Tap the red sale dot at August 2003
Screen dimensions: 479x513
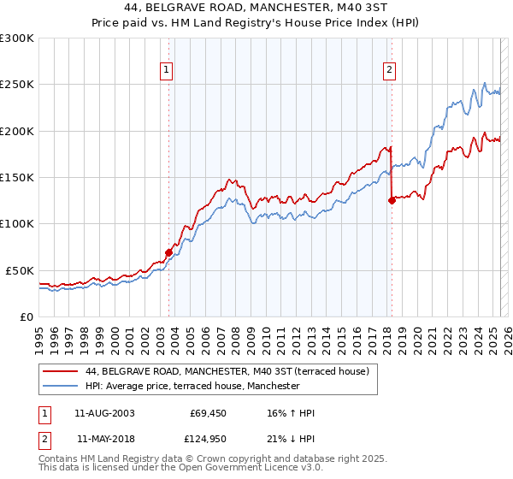(169, 252)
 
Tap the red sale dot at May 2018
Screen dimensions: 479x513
(392, 201)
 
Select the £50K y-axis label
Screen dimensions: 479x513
(20, 270)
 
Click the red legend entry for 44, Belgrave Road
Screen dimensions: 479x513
(227, 372)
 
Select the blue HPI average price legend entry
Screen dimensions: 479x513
(192, 387)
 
